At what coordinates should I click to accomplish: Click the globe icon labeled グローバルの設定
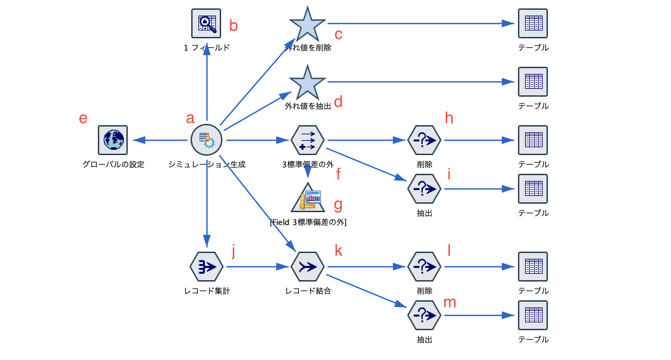113,140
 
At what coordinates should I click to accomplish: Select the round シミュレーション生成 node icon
206,140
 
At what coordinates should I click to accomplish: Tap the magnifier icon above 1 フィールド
206,23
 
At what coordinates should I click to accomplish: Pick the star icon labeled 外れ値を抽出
307,83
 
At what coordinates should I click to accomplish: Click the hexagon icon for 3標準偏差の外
307,140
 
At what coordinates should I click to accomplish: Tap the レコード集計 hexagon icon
206,267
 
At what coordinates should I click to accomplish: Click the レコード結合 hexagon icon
307,267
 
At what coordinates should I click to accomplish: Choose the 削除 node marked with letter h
424,140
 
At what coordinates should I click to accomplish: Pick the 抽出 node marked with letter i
424,189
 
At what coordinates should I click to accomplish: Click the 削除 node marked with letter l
424,267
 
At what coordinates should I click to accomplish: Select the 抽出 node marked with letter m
424,315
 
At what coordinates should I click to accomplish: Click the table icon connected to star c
533,23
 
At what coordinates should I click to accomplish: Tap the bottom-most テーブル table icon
533,315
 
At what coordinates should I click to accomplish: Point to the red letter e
83,119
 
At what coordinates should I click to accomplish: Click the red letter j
233,251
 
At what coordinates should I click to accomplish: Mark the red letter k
338,251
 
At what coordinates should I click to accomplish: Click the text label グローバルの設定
113,164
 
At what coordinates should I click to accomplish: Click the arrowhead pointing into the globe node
139,140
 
